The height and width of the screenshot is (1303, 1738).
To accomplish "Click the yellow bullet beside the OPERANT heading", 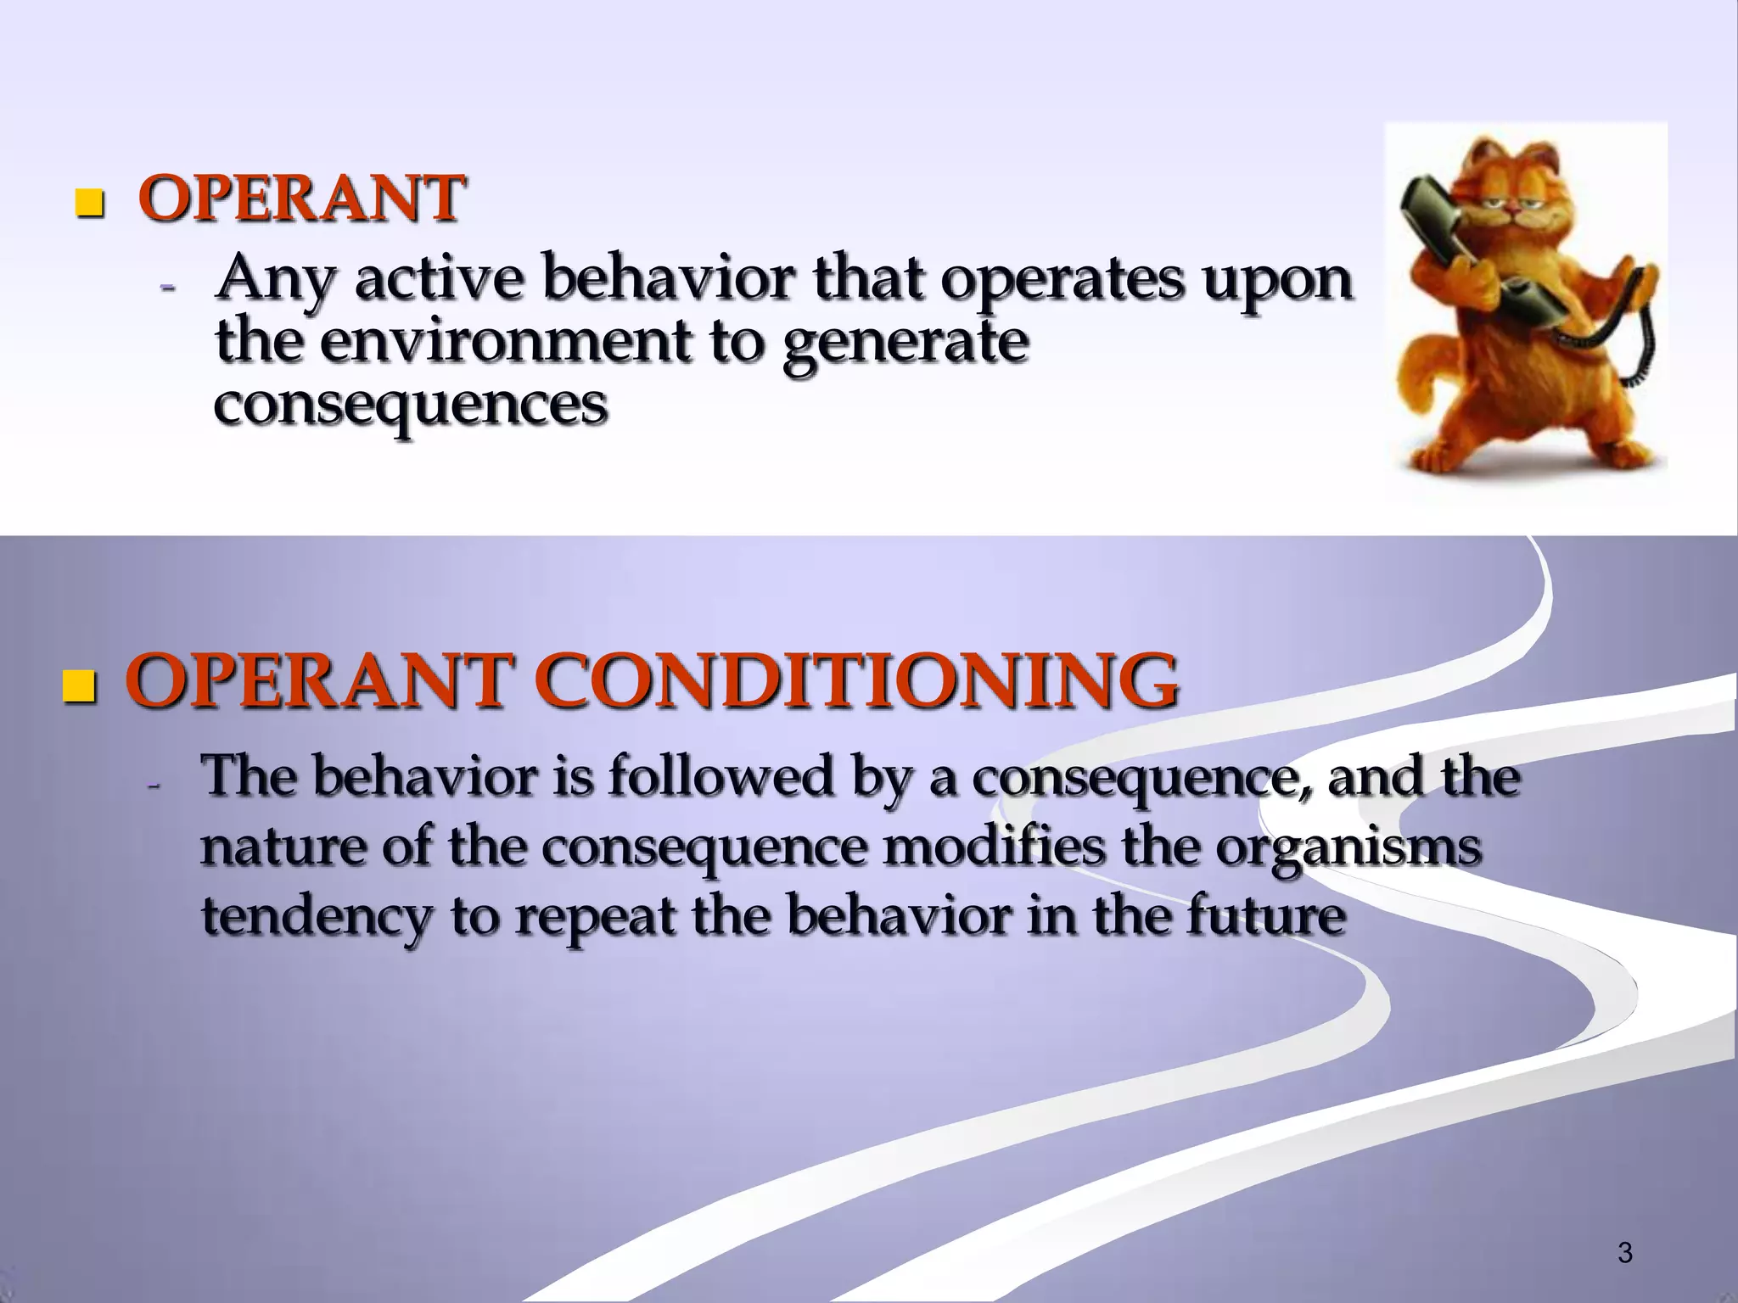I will [88, 204].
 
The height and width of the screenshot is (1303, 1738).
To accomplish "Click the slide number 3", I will [1624, 1252].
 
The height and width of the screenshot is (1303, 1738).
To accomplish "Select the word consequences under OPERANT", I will [411, 405].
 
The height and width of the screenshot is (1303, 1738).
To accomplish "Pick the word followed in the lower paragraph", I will [721, 776].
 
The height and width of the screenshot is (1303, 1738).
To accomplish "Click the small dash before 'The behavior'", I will [154, 786].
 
